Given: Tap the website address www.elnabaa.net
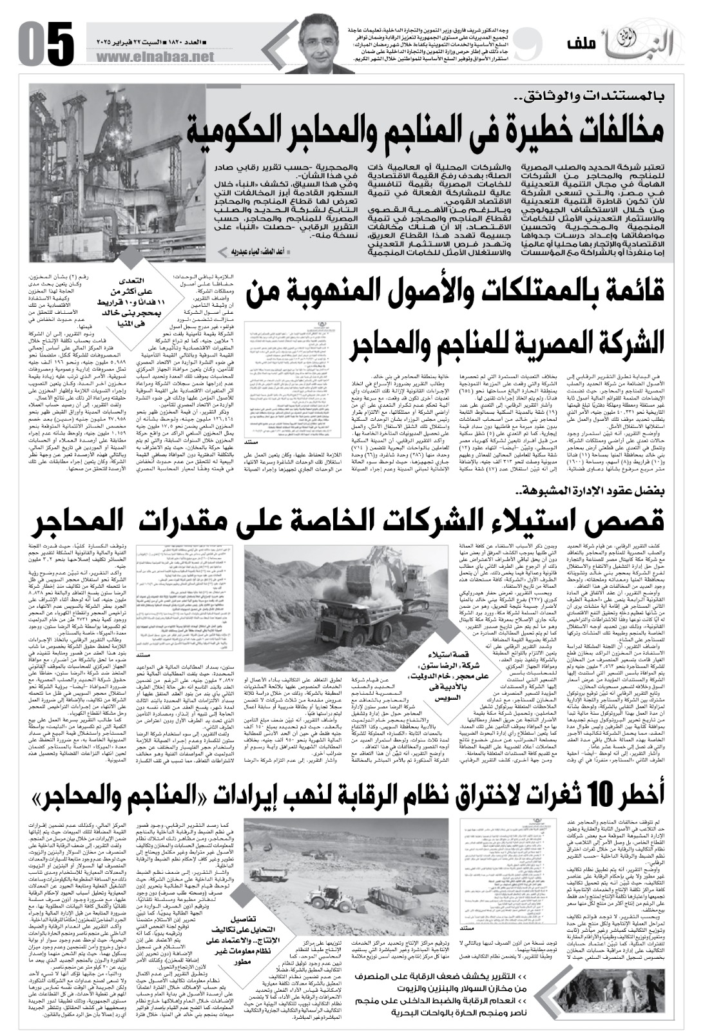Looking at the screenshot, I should [x=156, y=58].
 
